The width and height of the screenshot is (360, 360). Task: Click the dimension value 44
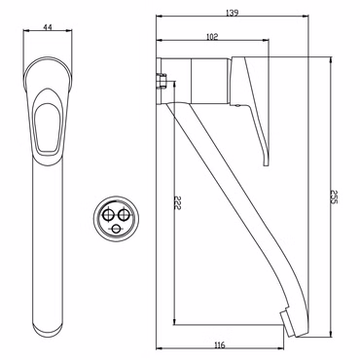click(x=48, y=27)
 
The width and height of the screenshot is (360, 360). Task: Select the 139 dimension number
click(x=232, y=13)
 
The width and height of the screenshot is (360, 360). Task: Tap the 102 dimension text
click(x=212, y=37)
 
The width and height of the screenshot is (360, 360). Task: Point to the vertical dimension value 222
click(x=177, y=202)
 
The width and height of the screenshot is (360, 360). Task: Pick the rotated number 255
click(x=335, y=197)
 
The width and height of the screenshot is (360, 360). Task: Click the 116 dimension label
click(x=220, y=345)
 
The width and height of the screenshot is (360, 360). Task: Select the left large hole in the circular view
click(x=107, y=214)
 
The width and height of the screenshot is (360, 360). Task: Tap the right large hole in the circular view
click(x=123, y=214)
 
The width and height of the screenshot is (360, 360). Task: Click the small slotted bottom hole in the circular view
click(x=116, y=229)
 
